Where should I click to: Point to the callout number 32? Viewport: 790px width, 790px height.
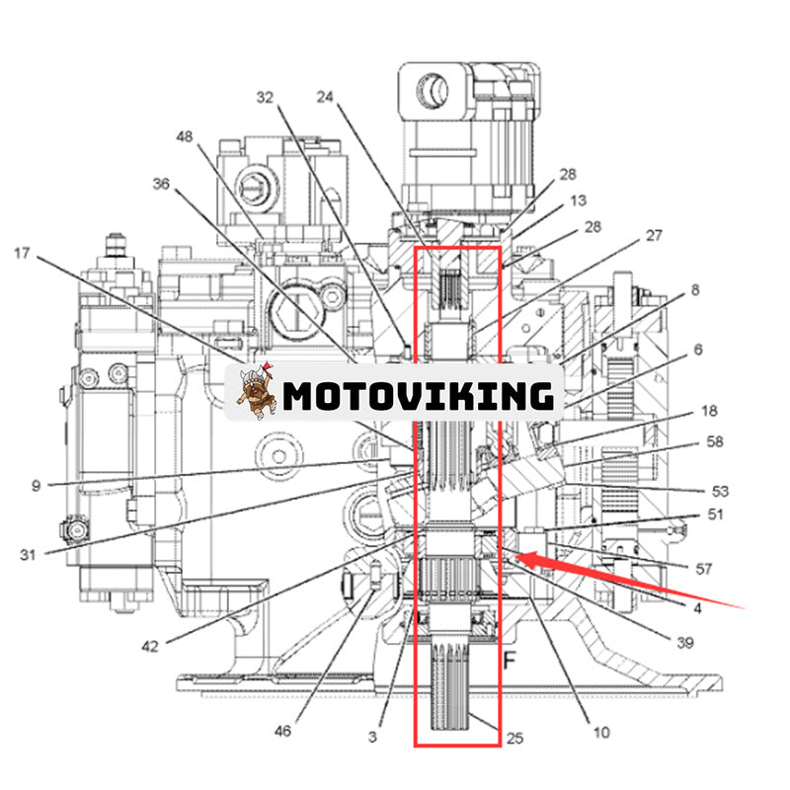(x=265, y=97)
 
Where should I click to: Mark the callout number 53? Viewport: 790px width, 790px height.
(x=721, y=490)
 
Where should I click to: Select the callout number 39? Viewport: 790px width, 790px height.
(x=684, y=642)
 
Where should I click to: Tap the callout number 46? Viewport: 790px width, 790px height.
(x=283, y=732)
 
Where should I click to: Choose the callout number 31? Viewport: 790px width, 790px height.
(x=28, y=554)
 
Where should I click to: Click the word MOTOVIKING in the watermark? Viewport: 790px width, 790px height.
(x=418, y=395)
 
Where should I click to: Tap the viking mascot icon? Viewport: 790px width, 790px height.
(x=257, y=393)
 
